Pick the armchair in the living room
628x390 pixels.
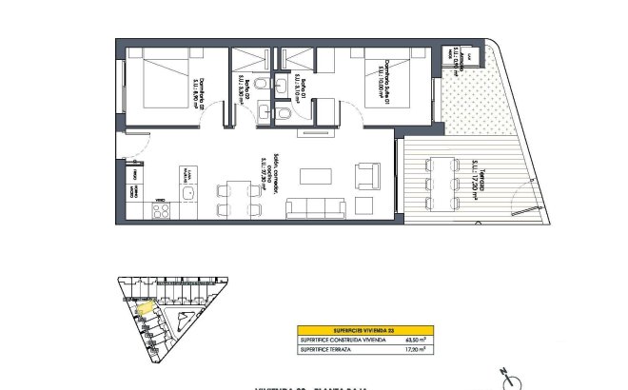(x=365, y=176)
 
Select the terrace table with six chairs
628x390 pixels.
(x=440, y=183)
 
